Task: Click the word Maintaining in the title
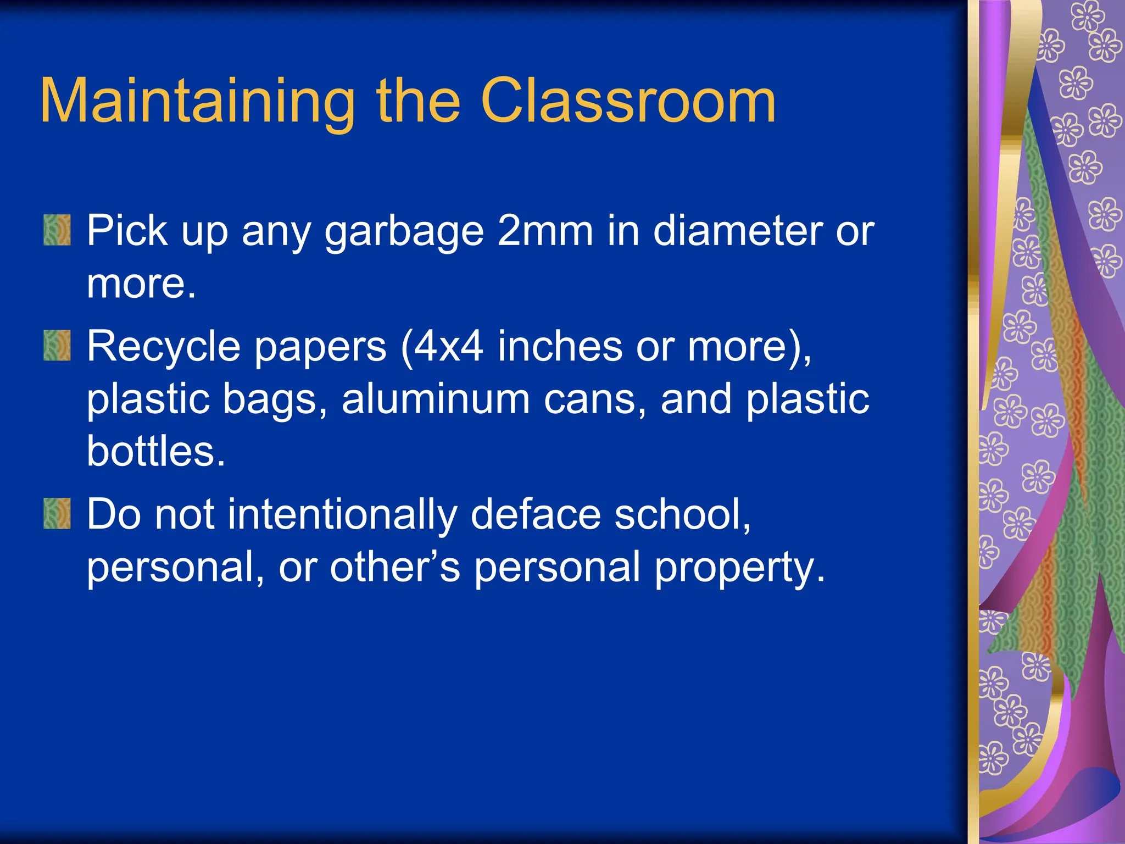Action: point(197,102)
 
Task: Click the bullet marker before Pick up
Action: point(57,230)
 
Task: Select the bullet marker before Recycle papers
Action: point(57,346)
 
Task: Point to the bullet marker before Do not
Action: point(57,514)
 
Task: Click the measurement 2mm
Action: point(545,231)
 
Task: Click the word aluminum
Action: point(436,399)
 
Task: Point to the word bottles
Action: point(156,452)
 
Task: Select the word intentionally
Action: point(342,515)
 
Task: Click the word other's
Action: point(394,567)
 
